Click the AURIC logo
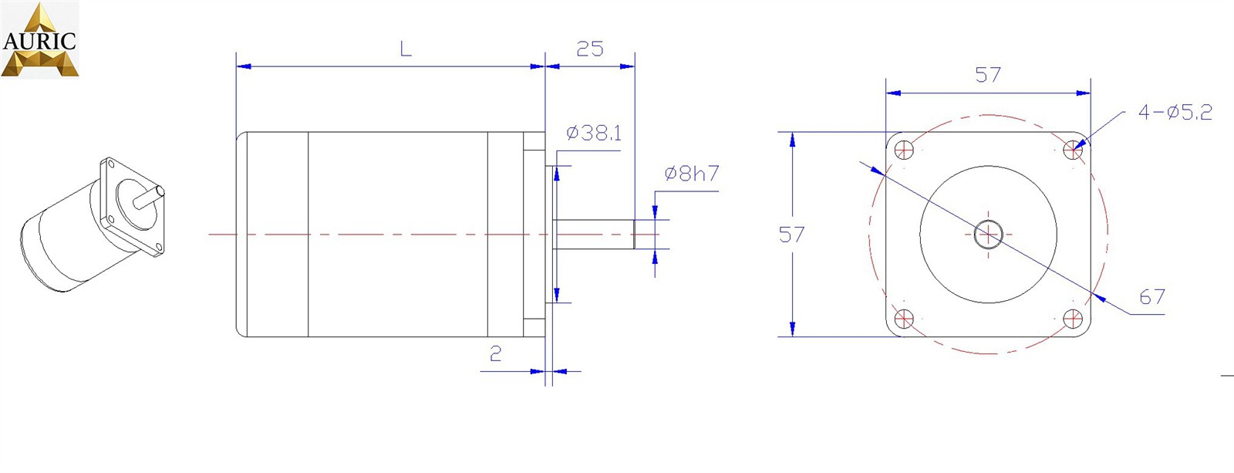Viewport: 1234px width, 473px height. click(x=39, y=39)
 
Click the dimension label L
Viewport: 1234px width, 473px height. click(x=406, y=49)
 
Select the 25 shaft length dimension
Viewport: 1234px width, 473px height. click(x=589, y=49)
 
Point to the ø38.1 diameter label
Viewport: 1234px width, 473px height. click(x=593, y=133)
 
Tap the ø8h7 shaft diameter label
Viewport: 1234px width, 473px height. click(x=691, y=174)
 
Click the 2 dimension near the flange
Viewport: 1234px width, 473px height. click(x=496, y=353)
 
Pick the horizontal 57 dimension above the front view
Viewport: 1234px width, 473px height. click(x=988, y=75)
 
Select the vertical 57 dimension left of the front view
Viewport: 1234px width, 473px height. click(x=791, y=235)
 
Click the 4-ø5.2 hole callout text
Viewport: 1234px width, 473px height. click(x=1175, y=113)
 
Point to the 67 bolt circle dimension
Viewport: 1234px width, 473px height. click(x=1151, y=297)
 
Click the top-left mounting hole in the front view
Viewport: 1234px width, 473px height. click(x=904, y=150)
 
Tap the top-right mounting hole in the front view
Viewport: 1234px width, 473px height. click(x=1072, y=150)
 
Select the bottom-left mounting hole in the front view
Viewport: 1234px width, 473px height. click(x=904, y=318)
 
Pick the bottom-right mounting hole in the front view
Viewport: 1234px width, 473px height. click(x=1072, y=318)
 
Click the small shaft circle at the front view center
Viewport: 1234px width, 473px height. click(x=988, y=234)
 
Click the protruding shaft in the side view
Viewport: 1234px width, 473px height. click(x=594, y=234)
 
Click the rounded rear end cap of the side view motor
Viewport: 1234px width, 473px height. click(x=241, y=234)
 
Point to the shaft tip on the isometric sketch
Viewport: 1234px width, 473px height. click(x=160, y=191)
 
